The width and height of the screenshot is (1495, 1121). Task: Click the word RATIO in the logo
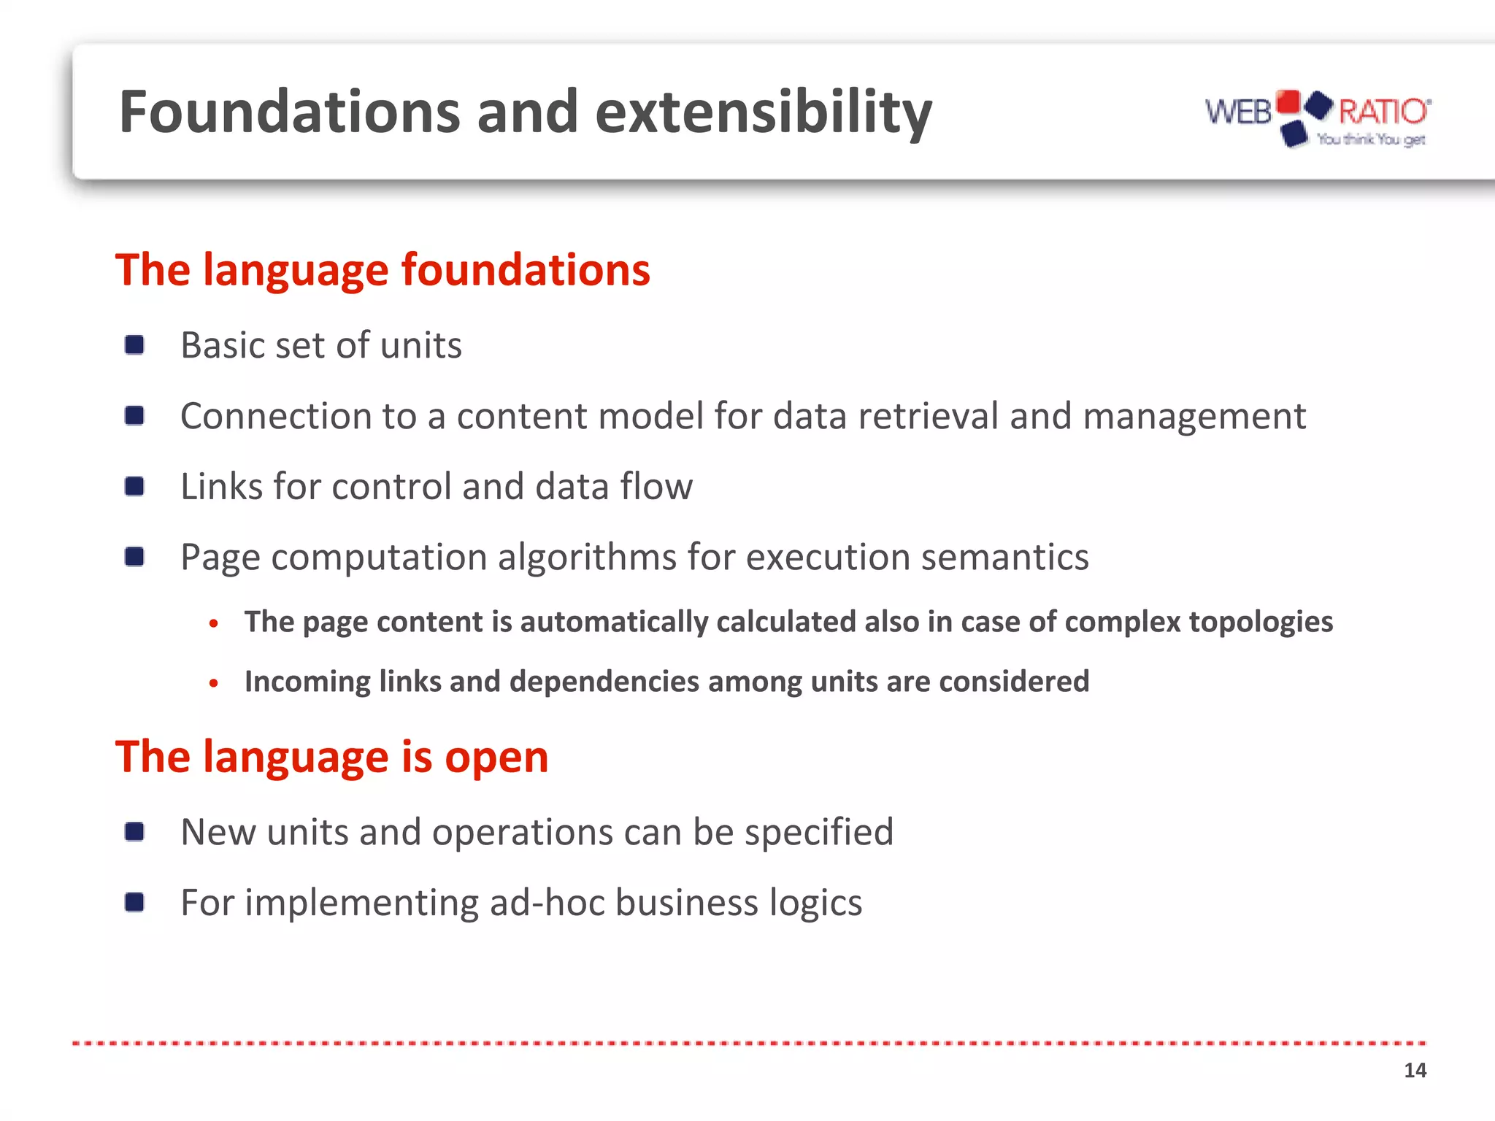tap(1383, 112)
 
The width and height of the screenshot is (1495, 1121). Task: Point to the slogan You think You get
tap(1371, 139)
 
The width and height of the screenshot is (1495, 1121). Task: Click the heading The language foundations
tap(382, 270)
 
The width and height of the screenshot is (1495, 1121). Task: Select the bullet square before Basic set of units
tap(134, 344)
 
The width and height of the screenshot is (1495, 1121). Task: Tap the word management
tap(1194, 416)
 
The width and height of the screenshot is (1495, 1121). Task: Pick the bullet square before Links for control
tap(134, 486)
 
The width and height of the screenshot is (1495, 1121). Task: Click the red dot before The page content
tap(213, 623)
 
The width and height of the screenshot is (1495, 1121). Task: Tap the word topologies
tap(1261, 622)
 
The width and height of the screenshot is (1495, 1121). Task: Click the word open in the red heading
tap(496, 758)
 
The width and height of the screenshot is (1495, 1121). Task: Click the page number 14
tap(1415, 1071)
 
